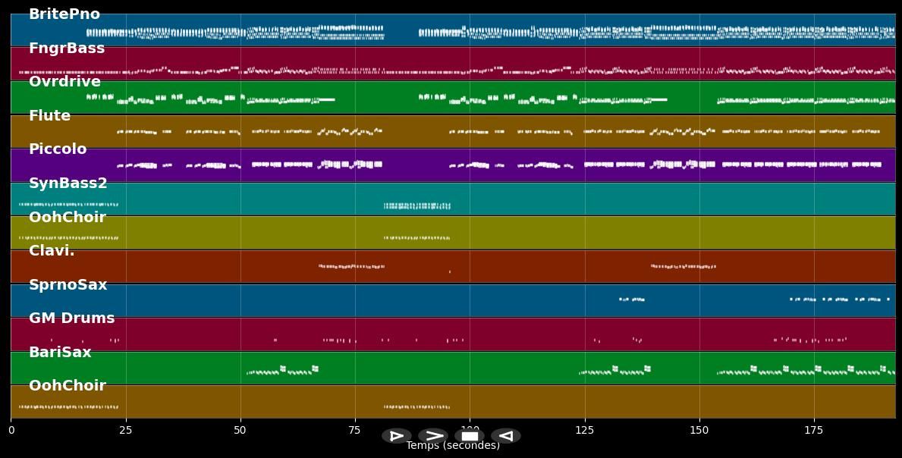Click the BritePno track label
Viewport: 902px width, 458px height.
click(x=64, y=14)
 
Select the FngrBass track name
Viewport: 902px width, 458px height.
click(x=67, y=49)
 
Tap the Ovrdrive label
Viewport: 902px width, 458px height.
click(x=64, y=82)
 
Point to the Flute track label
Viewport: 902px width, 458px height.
click(x=49, y=116)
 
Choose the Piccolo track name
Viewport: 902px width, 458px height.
click(x=58, y=149)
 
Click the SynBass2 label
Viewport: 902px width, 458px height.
click(x=68, y=184)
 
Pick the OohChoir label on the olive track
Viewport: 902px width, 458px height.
click(x=68, y=218)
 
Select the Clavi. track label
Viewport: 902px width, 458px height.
click(x=52, y=251)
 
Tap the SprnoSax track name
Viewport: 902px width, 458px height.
click(x=68, y=285)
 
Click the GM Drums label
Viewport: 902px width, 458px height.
click(x=72, y=318)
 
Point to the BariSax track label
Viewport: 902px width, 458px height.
click(x=60, y=353)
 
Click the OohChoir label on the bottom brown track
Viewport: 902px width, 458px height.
click(x=68, y=386)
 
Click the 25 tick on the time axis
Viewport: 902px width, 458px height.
click(x=125, y=431)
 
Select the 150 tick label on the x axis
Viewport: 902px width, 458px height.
click(x=699, y=431)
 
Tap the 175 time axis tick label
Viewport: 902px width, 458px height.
click(x=813, y=431)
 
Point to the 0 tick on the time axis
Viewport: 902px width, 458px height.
click(x=11, y=431)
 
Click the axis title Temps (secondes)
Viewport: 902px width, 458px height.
click(x=453, y=446)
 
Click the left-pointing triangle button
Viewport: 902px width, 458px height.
click(x=506, y=436)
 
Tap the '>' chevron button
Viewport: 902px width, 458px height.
click(x=433, y=436)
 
